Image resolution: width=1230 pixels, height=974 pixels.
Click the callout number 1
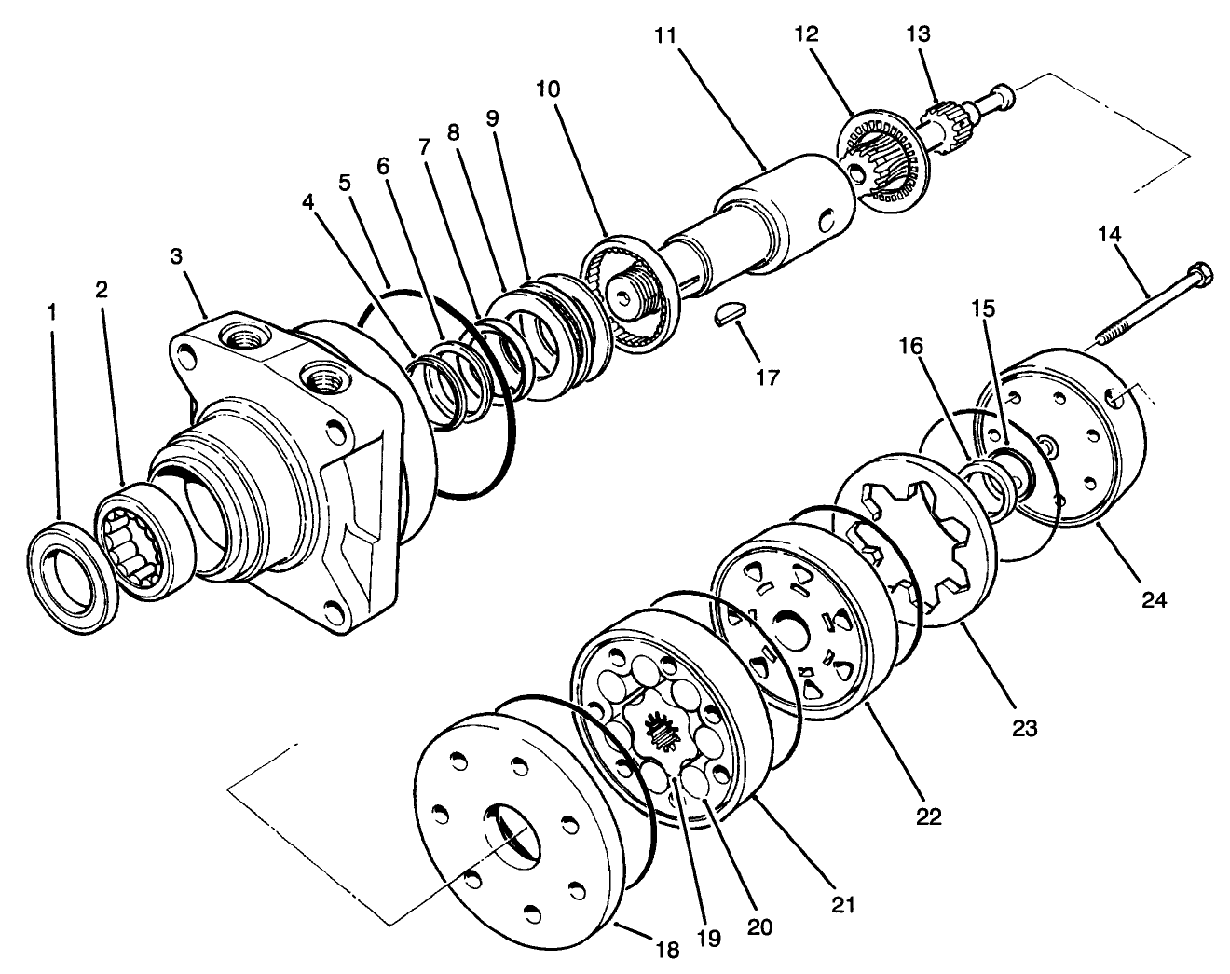click(x=52, y=312)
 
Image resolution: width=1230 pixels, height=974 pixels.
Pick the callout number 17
click(x=768, y=377)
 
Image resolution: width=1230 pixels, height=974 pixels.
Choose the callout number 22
click(x=929, y=816)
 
